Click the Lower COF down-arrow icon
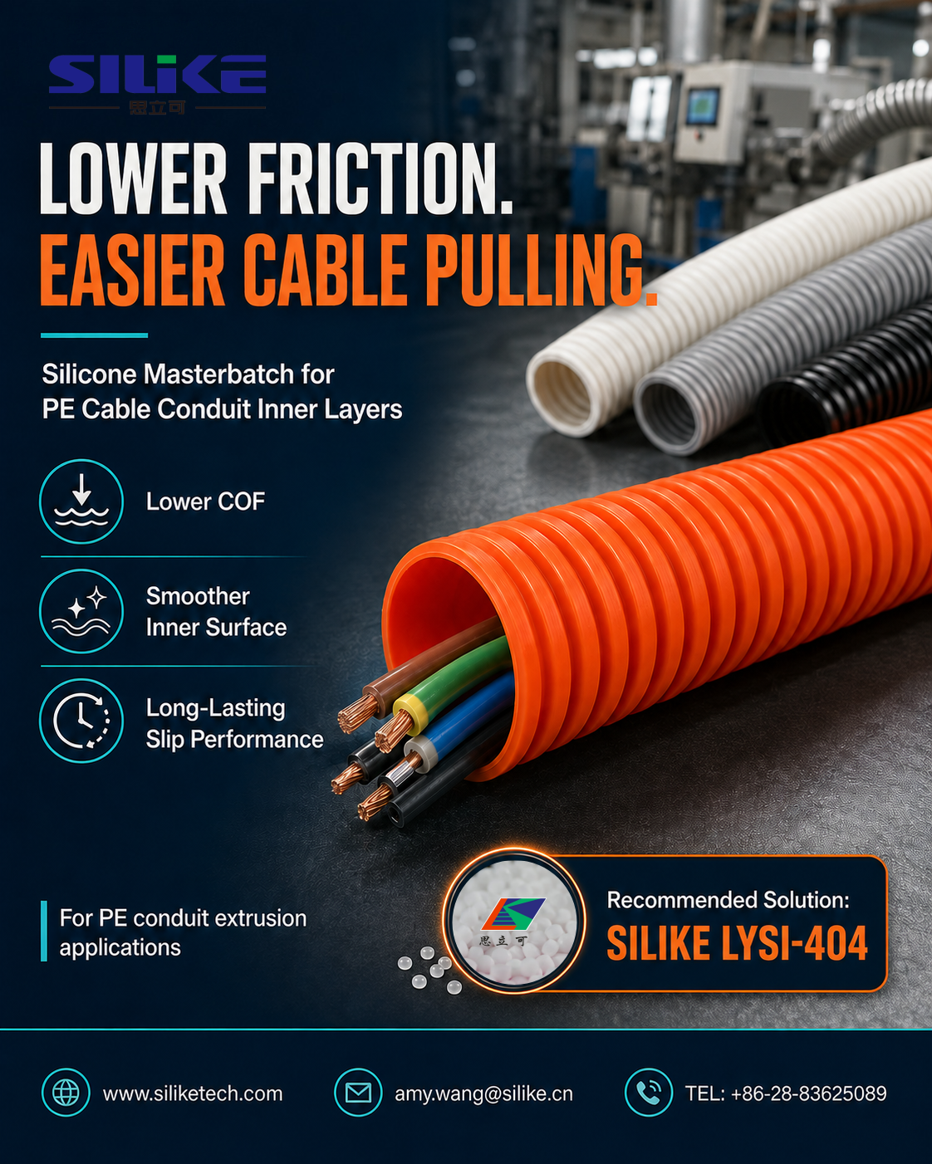(81, 501)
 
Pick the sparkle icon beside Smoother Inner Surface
(81, 611)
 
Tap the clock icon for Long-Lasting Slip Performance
(81, 721)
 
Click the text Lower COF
(206, 501)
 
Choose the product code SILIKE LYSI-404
(737, 943)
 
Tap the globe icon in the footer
(66, 1092)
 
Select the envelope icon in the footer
(358, 1092)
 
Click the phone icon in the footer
(649, 1092)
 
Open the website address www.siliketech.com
(193, 1093)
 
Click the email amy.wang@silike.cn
(483, 1093)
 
